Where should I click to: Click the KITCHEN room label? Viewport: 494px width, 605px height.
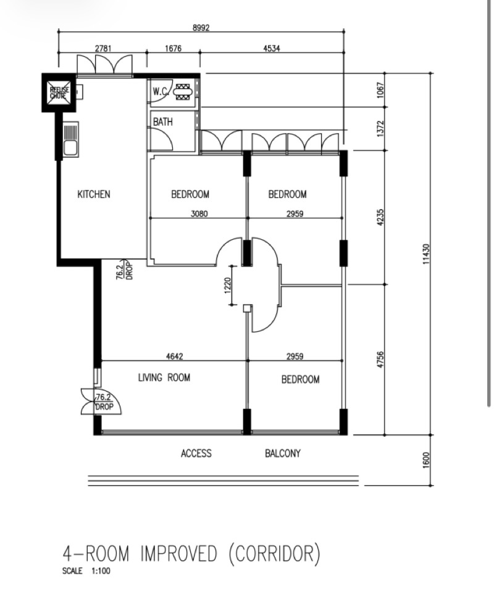click(x=94, y=194)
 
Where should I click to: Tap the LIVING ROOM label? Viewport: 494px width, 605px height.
click(x=164, y=377)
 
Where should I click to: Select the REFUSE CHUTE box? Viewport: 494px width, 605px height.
click(x=59, y=93)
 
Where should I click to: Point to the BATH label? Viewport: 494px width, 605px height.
click(x=163, y=122)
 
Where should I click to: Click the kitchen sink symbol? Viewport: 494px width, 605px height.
click(x=70, y=139)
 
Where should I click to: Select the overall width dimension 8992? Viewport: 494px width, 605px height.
click(x=201, y=28)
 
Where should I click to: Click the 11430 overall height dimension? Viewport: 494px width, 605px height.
click(x=426, y=254)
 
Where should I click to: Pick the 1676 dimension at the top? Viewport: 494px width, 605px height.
click(x=173, y=48)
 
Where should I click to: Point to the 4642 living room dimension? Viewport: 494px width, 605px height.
click(x=175, y=356)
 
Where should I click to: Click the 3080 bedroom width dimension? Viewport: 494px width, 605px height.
click(x=199, y=213)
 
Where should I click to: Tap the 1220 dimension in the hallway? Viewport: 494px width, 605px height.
click(x=227, y=285)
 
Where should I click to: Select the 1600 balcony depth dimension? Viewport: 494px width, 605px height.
click(x=426, y=460)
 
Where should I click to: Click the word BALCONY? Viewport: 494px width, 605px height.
click(x=283, y=453)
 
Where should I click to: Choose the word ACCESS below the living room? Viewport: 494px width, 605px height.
click(x=196, y=453)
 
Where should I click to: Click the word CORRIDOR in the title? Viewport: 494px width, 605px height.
click(x=274, y=554)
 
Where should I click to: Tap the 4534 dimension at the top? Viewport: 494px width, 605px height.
click(x=272, y=48)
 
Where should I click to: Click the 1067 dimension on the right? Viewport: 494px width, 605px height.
click(x=381, y=90)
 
